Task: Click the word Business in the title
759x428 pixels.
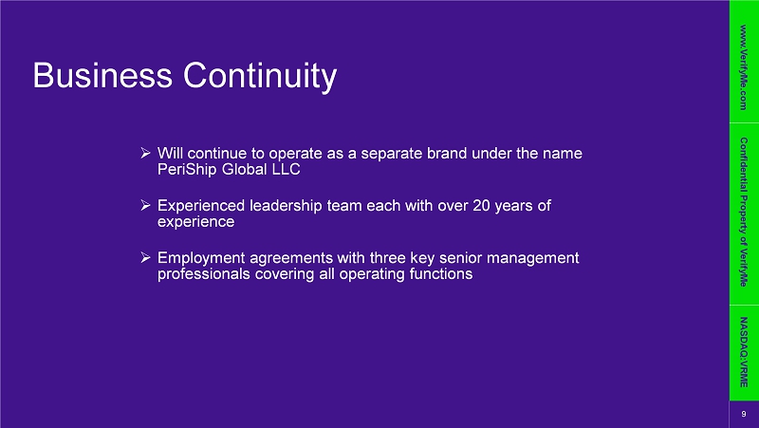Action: tap(102, 75)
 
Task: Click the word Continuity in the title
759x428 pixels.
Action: tap(259, 77)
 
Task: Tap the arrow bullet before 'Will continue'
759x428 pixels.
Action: tap(146, 154)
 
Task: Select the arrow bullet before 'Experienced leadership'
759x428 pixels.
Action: tap(146, 206)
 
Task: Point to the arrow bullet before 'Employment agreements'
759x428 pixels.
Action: tap(146, 257)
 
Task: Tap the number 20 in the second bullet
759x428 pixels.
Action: tap(482, 205)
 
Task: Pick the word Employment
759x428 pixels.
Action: tap(201, 258)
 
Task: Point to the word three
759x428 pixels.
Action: tap(387, 257)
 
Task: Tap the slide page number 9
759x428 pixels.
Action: tap(744, 414)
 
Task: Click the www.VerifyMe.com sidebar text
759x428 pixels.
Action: tap(744, 67)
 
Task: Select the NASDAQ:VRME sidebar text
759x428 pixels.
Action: tap(744, 352)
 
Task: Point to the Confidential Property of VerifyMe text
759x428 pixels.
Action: tap(744, 212)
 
